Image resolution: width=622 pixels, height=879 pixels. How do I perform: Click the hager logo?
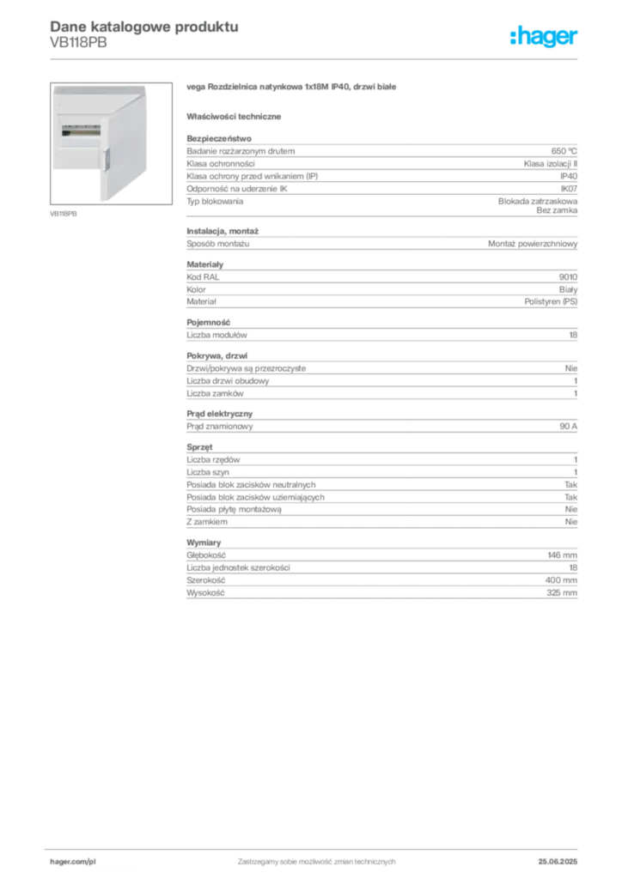(544, 37)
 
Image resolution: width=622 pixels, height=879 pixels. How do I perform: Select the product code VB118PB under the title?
(78, 43)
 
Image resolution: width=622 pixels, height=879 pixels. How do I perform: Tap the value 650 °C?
(564, 151)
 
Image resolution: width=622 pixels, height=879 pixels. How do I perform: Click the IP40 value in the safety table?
(569, 176)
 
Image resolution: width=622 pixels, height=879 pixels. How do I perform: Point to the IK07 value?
(569, 189)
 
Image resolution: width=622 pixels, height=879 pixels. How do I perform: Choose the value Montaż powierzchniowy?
(533, 244)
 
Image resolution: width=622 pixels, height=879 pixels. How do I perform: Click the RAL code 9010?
(568, 277)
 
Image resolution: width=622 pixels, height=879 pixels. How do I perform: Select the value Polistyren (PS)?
(551, 301)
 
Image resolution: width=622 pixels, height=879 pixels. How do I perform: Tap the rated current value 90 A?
(568, 426)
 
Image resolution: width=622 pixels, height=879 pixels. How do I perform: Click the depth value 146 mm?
(562, 555)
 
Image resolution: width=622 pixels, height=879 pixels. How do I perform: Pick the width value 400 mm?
(561, 580)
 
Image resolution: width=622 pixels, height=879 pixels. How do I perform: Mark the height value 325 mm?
(561, 592)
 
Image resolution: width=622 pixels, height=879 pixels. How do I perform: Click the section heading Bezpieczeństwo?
(219, 138)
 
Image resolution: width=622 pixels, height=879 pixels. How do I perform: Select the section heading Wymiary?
(204, 543)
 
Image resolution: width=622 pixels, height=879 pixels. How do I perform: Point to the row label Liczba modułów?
(216, 335)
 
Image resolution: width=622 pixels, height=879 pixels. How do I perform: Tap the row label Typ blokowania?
(215, 201)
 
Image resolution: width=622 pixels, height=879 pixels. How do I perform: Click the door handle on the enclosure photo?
(106, 161)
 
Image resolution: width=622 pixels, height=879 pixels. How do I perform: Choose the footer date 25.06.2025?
(558, 862)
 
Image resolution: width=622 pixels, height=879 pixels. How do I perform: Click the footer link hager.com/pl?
(73, 862)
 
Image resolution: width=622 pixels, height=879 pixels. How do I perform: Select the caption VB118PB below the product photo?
(64, 214)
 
